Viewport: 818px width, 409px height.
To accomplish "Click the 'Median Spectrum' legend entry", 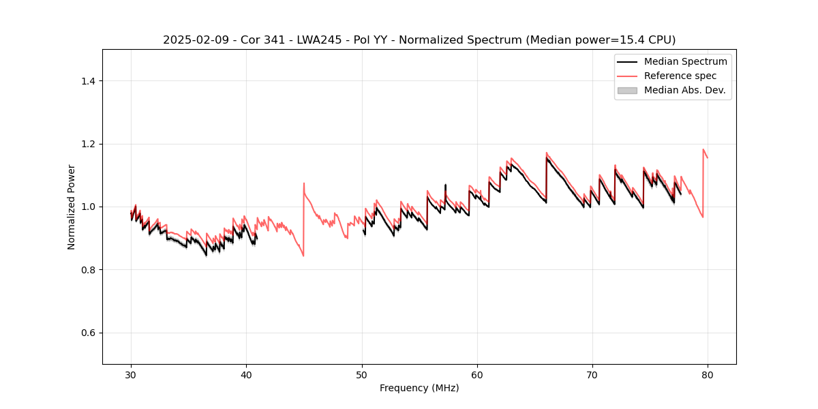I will (x=685, y=61).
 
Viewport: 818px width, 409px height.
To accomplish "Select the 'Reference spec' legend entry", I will (x=680, y=76).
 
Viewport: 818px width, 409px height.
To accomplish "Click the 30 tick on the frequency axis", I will (x=131, y=374).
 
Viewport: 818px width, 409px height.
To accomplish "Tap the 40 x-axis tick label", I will (x=246, y=374).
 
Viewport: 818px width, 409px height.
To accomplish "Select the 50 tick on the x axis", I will (x=362, y=374).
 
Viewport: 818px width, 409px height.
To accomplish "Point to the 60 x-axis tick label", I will (x=477, y=374).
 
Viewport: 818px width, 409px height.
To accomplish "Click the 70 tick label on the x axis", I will (x=592, y=374).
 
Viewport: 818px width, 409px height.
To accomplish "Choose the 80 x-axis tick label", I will (x=708, y=374).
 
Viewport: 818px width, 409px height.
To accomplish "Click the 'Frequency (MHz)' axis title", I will (x=419, y=388).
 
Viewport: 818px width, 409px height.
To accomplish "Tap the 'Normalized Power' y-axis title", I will (x=72, y=207).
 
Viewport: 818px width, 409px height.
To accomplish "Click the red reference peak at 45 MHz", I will (x=304, y=183).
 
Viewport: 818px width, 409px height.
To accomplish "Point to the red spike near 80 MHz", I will (x=703, y=149).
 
